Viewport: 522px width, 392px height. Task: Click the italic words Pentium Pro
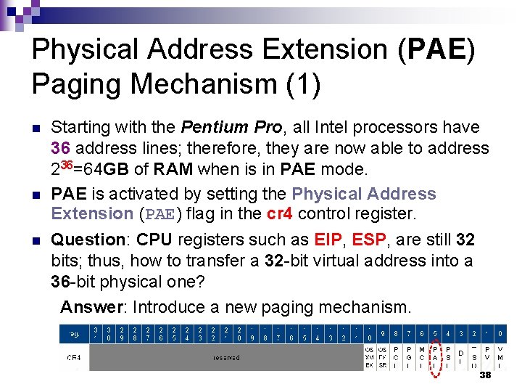(x=231, y=128)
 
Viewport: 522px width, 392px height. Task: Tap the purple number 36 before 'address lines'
(x=61, y=148)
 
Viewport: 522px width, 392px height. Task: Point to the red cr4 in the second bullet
(x=281, y=214)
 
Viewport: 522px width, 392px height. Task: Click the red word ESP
(x=368, y=240)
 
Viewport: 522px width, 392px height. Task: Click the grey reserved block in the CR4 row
(x=226, y=358)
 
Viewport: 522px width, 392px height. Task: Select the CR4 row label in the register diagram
(x=74, y=358)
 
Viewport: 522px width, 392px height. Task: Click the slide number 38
(x=485, y=375)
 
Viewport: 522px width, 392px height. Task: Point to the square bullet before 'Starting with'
(x=36, y=129)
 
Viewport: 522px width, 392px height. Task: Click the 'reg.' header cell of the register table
(x=75, y=335)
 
